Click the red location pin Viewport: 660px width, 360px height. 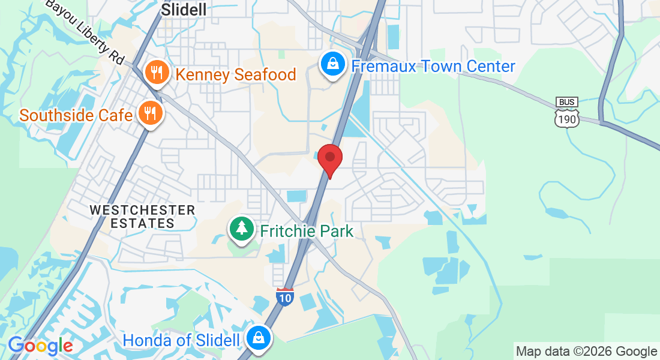[x=329, y=159]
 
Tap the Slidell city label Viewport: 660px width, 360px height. [x=184, y=9]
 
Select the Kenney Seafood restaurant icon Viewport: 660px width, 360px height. [x=156, y=73]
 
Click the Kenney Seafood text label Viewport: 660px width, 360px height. [x=235, y=74]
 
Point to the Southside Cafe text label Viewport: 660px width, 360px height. [x=76, y=115]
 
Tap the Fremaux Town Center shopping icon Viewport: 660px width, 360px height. [x=331, y=65]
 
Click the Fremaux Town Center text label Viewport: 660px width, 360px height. [x=433, y=66]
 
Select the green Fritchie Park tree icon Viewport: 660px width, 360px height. [x=241, y=229]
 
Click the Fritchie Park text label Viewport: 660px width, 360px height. [x=306, y=230]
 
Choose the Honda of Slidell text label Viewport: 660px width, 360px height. [x=181, y=340]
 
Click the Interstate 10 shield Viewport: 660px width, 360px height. [x=285, y=296]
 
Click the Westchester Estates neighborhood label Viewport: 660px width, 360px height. [x=142, y=217]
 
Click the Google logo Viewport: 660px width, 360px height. [x=40, y=346]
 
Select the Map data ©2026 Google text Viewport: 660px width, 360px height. [x=586, y=352]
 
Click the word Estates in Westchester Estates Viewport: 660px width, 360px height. [x=142, y=224]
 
